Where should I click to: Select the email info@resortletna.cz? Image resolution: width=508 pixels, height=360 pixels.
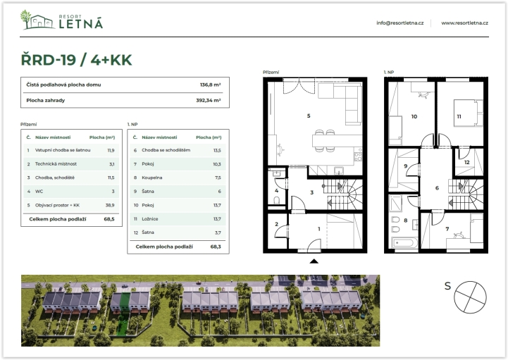(399, 23)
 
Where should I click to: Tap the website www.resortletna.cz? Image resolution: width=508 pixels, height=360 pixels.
(464, 23)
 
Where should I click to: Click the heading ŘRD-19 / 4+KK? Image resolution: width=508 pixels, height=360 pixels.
(77, 60)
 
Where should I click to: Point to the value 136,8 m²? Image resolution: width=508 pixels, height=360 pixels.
(210, 85)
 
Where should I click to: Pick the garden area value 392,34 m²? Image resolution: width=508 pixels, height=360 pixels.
(209, 101)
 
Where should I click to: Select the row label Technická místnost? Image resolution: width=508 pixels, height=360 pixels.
(56, 164)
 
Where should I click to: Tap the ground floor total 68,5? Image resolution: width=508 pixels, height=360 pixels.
(109, 219)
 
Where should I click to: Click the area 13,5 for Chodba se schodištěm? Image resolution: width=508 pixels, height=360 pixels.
(217, 150)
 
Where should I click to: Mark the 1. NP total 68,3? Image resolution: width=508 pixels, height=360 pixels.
(216, 247)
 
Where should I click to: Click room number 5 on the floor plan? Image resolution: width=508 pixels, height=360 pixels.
(309, 116)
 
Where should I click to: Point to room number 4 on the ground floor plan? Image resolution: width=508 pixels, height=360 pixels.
(276, 191)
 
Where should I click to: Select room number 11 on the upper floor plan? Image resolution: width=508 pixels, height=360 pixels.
(459, 116)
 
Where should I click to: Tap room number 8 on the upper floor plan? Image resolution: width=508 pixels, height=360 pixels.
(405, 221)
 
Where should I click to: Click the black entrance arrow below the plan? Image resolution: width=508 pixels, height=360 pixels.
(314, 261)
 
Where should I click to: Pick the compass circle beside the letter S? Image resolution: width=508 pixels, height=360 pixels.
(470, 297)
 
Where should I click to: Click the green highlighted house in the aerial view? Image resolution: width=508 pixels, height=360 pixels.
(125, 302)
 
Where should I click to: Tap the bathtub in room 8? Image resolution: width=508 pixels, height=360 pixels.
(404, 242)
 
